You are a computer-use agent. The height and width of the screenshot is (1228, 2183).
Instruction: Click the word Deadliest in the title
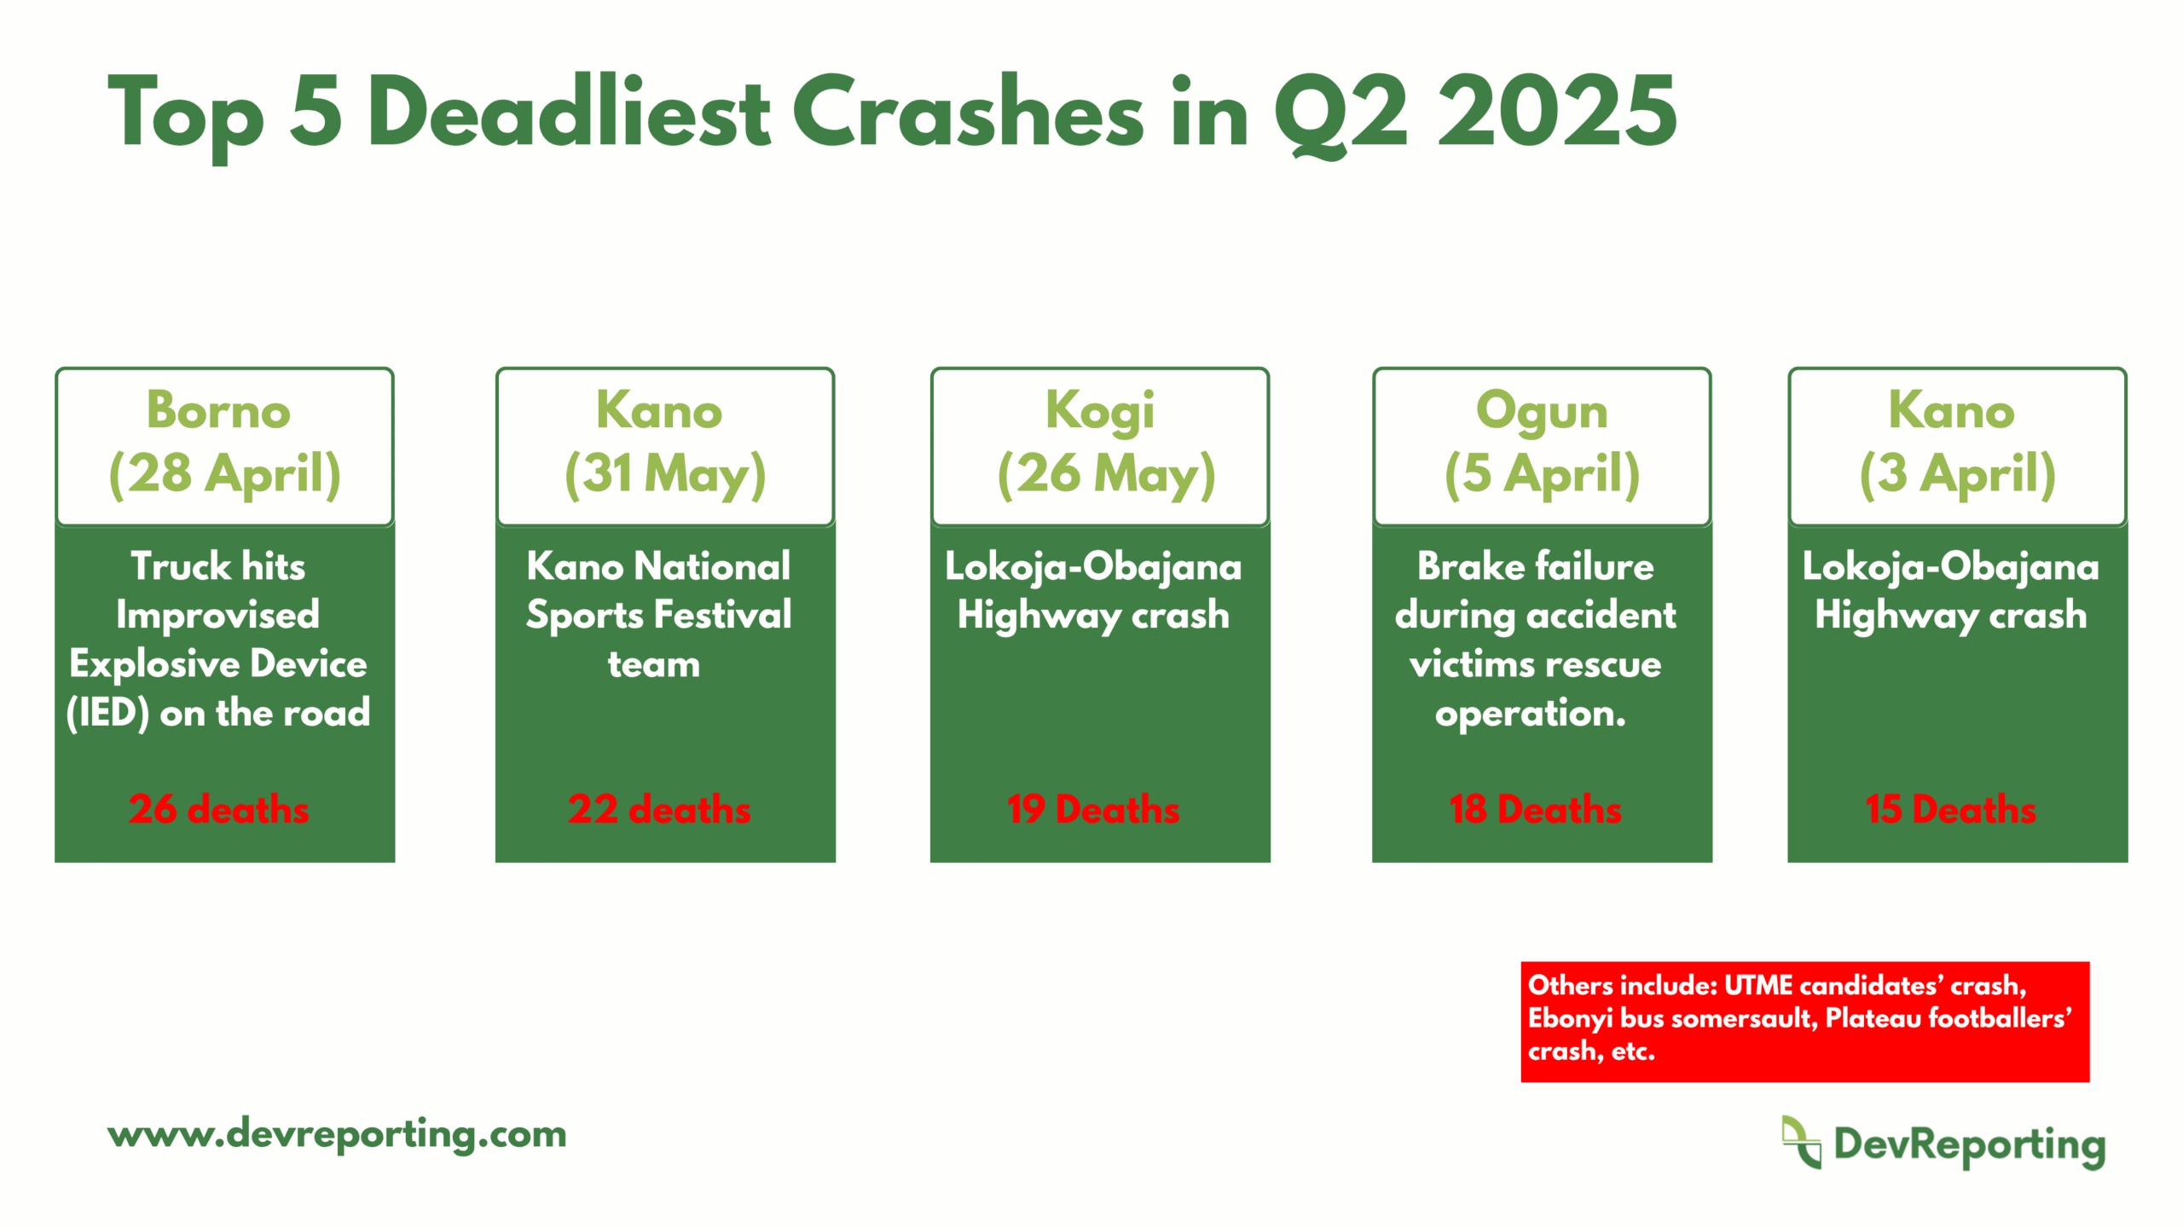pos(569,112)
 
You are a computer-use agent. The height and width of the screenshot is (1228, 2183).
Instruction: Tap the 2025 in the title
pos(1557,112)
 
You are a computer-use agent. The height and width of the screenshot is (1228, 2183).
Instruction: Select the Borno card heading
pos(218,410)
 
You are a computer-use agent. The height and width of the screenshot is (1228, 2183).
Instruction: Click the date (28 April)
pos(225,473)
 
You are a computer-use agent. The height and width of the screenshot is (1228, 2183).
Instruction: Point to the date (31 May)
pos(665,473)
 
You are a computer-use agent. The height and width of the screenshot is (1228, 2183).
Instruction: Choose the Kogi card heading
pos(1100,412)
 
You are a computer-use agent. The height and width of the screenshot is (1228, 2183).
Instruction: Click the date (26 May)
pos(1107,473)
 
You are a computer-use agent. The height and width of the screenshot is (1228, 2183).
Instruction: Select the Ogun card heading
pos(1542,412)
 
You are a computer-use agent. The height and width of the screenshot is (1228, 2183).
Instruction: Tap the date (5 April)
pos(1542,473)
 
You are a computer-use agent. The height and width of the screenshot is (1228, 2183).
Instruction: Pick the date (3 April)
pos(1958,473)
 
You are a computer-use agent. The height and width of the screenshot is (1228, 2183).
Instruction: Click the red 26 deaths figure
pos(219,808)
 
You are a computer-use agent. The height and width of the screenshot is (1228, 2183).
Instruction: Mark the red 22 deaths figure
pos(659,808)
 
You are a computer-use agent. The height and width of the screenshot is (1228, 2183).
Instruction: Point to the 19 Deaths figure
pos(1093,808)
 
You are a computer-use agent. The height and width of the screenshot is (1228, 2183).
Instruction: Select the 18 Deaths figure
pos(1535,808)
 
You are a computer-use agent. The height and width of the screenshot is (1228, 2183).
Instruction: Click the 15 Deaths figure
pos(1950,808)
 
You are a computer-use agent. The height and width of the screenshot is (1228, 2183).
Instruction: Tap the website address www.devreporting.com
pos(337,1134)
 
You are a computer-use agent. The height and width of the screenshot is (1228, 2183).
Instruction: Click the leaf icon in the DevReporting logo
pos(1801,1142)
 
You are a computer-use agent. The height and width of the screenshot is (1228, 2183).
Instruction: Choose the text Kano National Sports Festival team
pos(658,614)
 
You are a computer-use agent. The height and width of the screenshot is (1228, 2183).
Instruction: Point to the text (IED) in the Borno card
pos(107,713)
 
